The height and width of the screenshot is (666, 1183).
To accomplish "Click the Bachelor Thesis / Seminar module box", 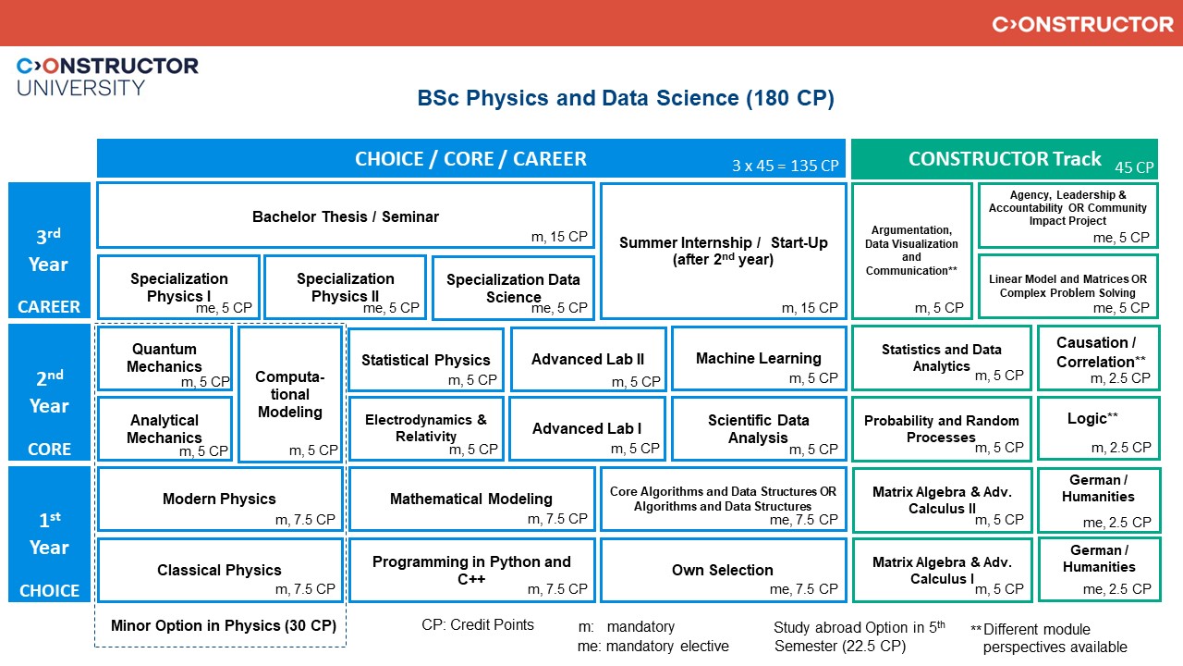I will coord(345,216).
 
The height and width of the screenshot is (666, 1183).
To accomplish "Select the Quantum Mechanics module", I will coord(165,358).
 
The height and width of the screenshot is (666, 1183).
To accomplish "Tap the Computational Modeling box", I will coord(290,394).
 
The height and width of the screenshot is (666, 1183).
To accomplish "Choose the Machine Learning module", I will coord(758,358).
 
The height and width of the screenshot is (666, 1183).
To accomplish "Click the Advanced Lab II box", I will coord(588,358).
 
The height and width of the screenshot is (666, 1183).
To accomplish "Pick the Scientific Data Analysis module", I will coord(758,428).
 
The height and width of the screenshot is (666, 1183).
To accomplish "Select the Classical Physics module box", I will coord(220,570).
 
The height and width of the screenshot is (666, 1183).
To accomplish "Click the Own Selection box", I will coord(723,570).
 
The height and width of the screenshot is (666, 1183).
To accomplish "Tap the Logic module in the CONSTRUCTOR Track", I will coord(1098,428).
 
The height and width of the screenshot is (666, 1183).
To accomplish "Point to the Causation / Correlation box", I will coord(1098,358).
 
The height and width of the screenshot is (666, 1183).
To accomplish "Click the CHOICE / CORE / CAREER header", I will coord(470,158).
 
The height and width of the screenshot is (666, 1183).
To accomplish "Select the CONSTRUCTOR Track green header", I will coord(1004,158).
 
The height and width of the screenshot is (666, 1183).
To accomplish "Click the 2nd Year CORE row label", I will coord(49,392).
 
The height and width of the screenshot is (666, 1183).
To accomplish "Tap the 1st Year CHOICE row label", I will coord(49,534).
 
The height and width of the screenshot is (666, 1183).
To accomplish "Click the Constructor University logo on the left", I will coord(107,76).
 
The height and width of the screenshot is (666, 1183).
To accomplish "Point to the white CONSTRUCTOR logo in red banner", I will coord(1082,24).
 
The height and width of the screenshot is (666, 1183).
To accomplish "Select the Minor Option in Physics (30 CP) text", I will coord(223,625).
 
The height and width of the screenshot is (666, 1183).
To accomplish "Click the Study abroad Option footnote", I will coord(859,636).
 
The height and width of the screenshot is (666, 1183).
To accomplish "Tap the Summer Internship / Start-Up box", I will coord(723,251).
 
